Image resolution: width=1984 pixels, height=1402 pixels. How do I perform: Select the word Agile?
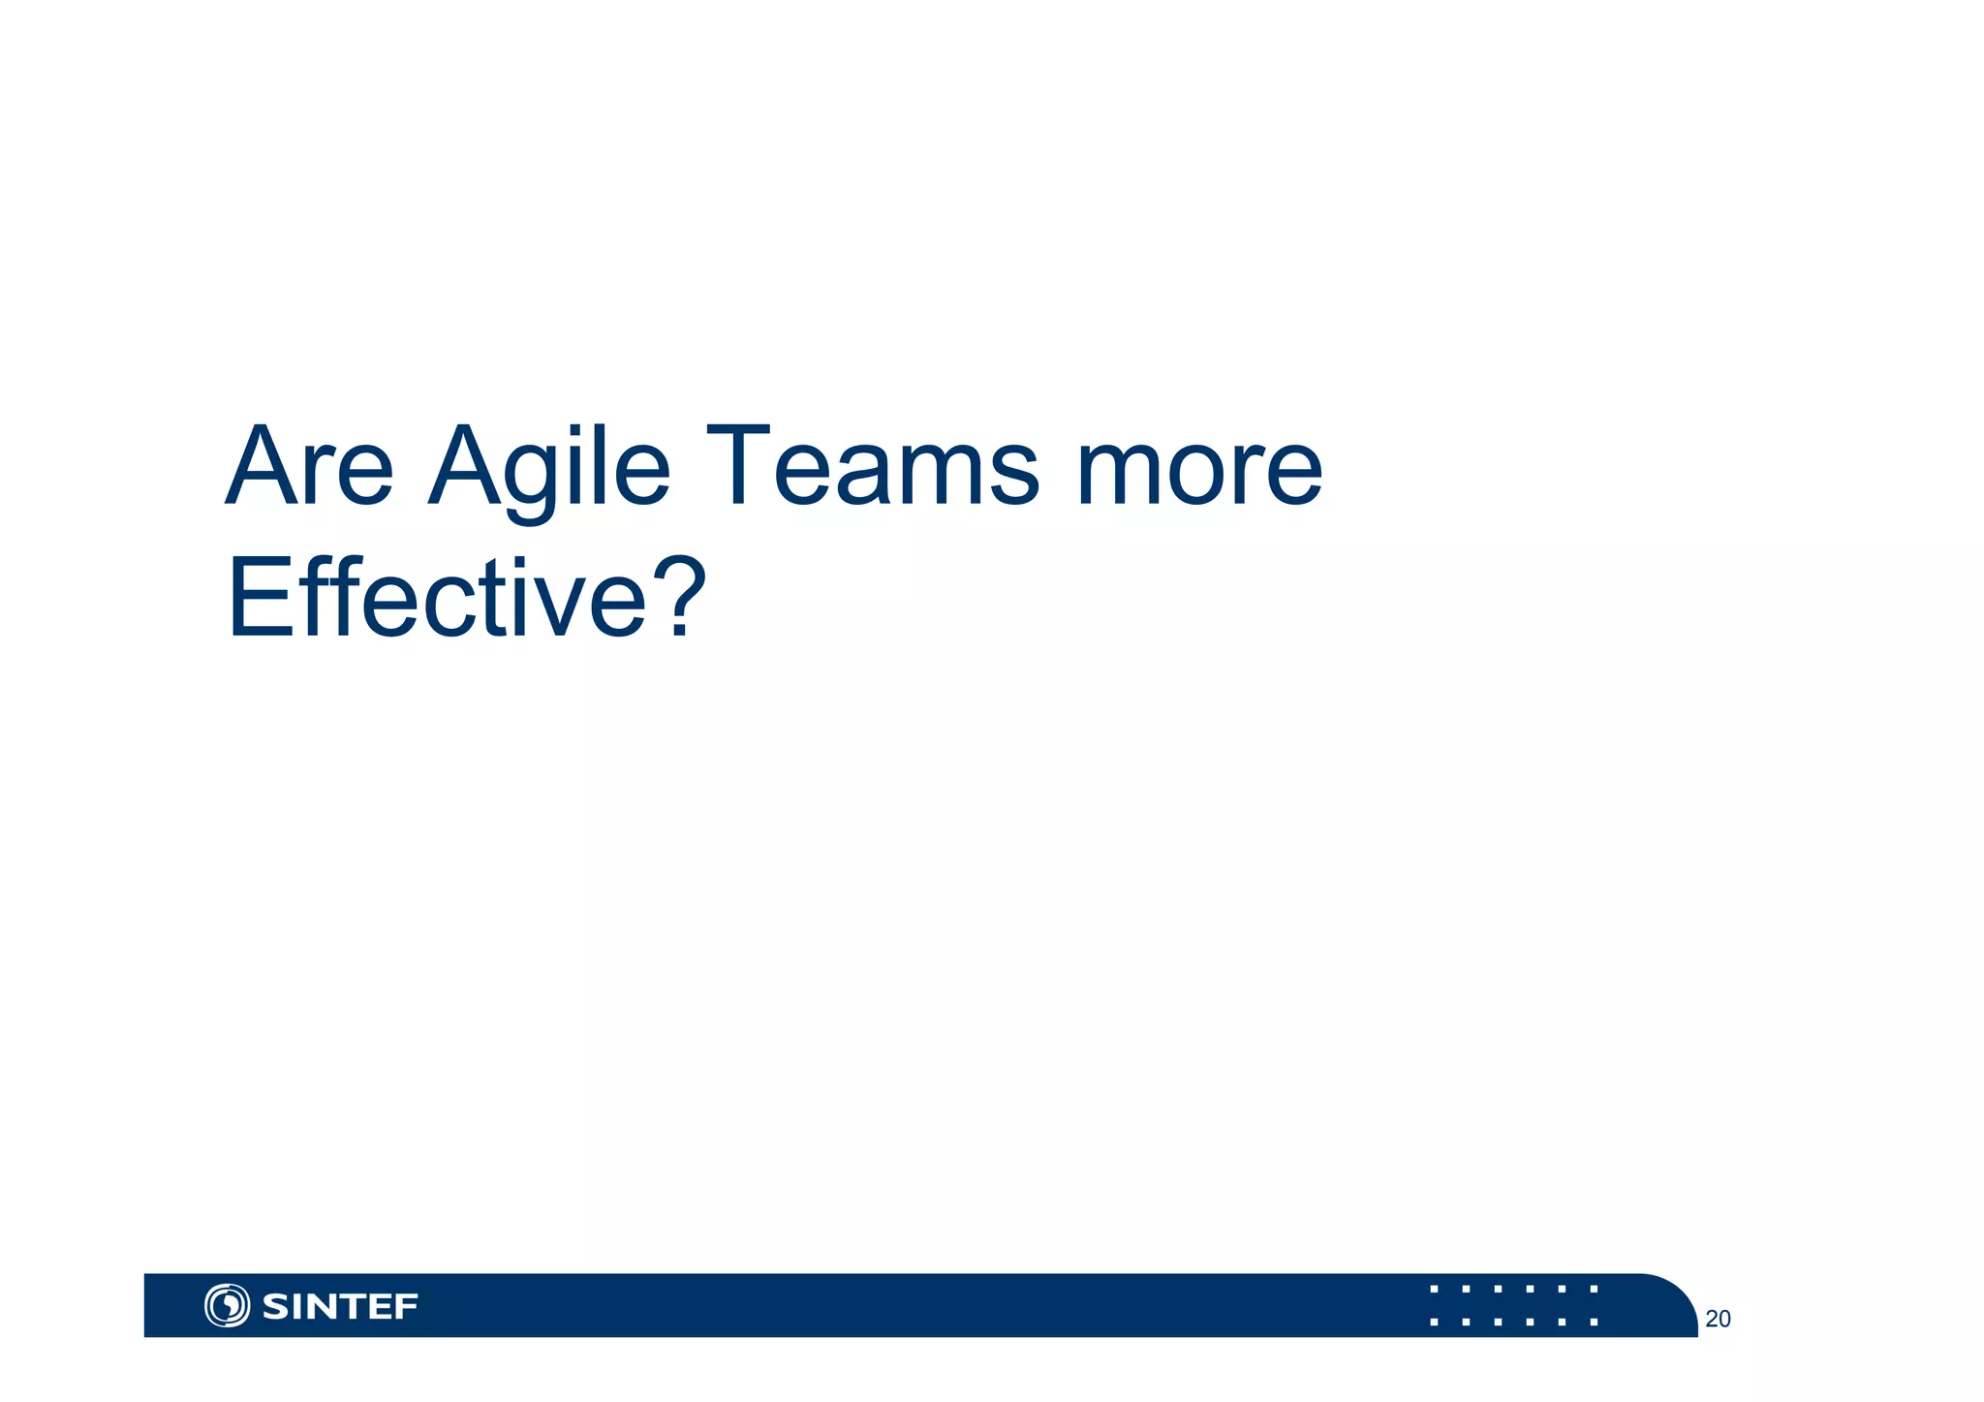click(549, 468)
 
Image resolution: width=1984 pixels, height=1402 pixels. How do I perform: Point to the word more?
click(1199, 468)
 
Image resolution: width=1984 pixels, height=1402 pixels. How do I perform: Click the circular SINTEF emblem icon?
click(227, 1305)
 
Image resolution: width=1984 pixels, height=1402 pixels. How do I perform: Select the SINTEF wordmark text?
click(340, 1306)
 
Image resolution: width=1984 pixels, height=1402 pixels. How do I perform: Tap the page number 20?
click(1718, 1319)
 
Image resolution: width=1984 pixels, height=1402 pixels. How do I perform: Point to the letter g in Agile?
click(529, 480)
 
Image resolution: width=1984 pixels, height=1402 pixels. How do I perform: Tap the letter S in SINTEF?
click(275, 1307)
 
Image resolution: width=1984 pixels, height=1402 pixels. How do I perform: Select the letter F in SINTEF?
click(406, 1307)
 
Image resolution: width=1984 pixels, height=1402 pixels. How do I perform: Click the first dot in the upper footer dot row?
click(1434, 1290)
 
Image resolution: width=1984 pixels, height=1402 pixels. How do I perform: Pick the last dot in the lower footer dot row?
click(1594, 1322)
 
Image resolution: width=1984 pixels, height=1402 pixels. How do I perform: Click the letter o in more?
click(1193, 477)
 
